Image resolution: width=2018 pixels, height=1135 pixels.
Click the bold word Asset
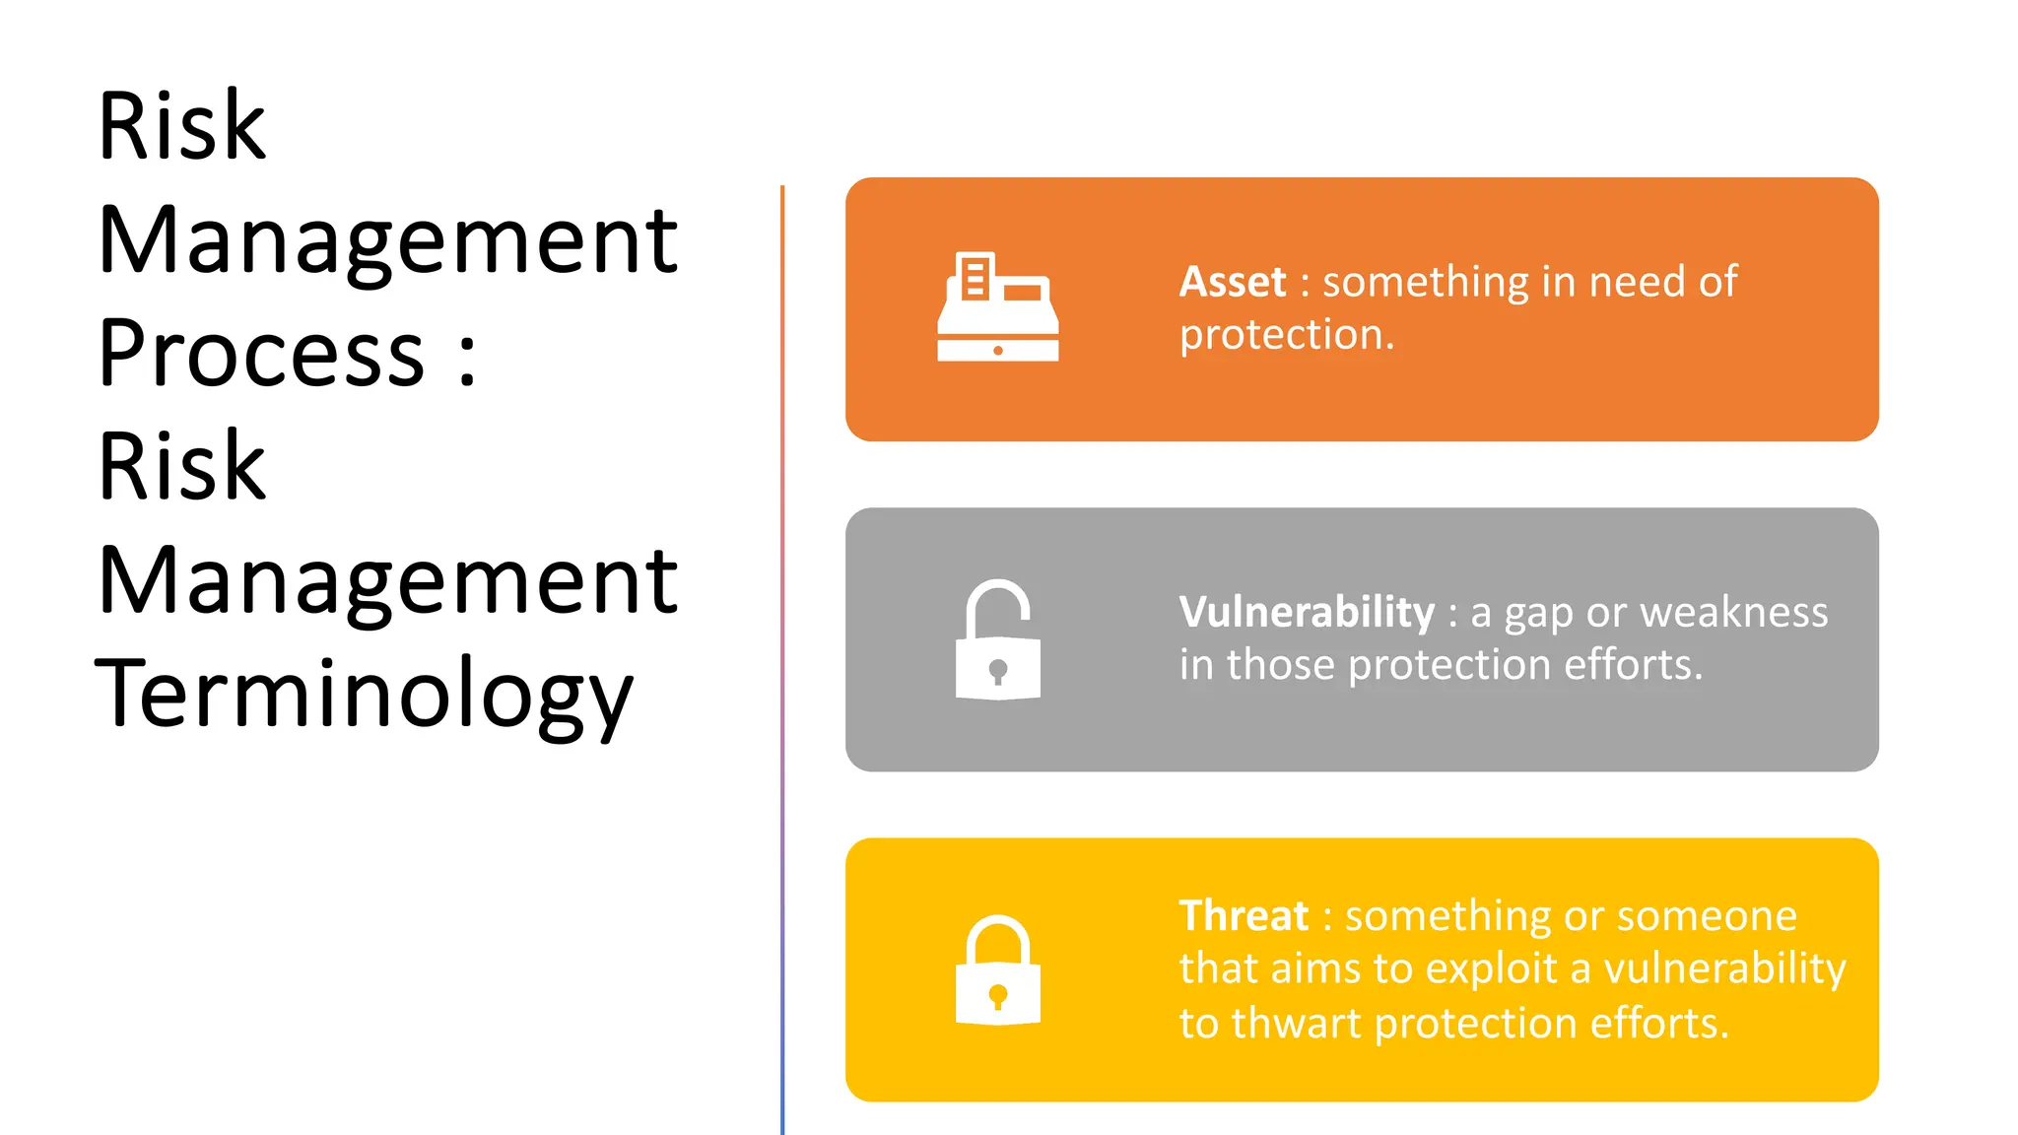click(1233, 283)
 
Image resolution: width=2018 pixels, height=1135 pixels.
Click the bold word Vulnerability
click(1307, 613)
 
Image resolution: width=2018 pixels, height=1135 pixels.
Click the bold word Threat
click(1244, 916)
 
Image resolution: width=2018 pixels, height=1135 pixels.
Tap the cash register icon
click(997, 307)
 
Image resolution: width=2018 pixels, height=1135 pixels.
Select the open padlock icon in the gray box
click(997, 640)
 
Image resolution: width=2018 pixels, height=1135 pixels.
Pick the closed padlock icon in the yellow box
click(997, 971)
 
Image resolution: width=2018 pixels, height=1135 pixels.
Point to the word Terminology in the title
click(365, 695)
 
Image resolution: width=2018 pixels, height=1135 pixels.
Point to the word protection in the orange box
click(1276, 336)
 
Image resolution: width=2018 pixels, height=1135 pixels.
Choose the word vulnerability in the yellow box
click(1724, 969)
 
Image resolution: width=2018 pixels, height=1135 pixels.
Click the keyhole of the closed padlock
click(997, 996)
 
